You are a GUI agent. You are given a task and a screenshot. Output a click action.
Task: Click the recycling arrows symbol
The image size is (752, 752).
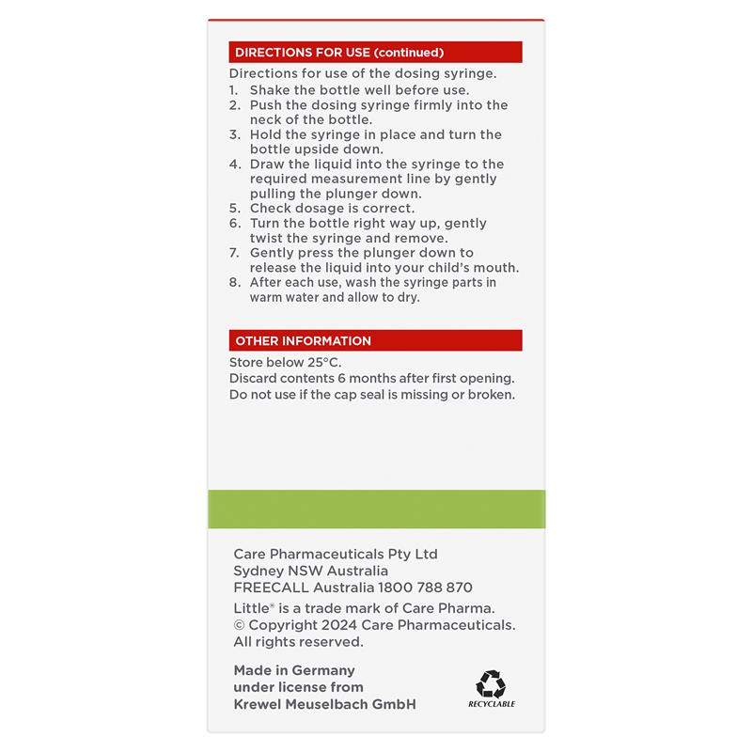(x=491, y=683)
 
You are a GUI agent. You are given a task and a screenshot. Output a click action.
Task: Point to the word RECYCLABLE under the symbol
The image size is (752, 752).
(x=491, y=704)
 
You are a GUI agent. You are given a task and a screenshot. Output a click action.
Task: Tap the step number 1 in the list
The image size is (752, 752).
(x=233, y=90)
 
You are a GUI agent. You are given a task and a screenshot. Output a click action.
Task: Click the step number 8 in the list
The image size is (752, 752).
(x=233, y=282)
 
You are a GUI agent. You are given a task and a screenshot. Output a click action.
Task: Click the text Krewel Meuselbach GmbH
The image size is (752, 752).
(x=324, y=704)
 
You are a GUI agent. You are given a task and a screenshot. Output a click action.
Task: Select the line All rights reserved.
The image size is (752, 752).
(x=298, y=642)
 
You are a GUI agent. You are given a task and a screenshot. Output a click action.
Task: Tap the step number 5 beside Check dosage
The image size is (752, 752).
(x=233, y=208)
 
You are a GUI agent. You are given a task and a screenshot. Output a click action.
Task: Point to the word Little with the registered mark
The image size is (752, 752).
(x=252, y=608)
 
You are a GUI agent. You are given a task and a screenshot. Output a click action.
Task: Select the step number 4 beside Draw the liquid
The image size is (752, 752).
(x=233, y=164)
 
